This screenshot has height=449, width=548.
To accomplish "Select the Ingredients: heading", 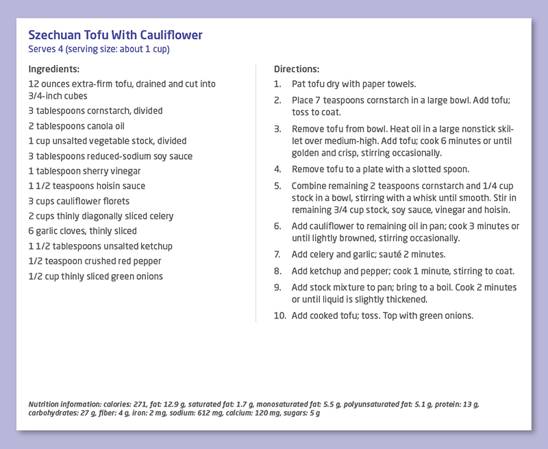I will pos(54,69).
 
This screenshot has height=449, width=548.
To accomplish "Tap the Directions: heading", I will pos(297,69).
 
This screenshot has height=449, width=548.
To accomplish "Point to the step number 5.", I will pos(277,186).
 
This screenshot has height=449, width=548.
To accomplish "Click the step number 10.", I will pos(279,315).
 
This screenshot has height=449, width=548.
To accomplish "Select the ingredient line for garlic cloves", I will pos(82,231).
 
